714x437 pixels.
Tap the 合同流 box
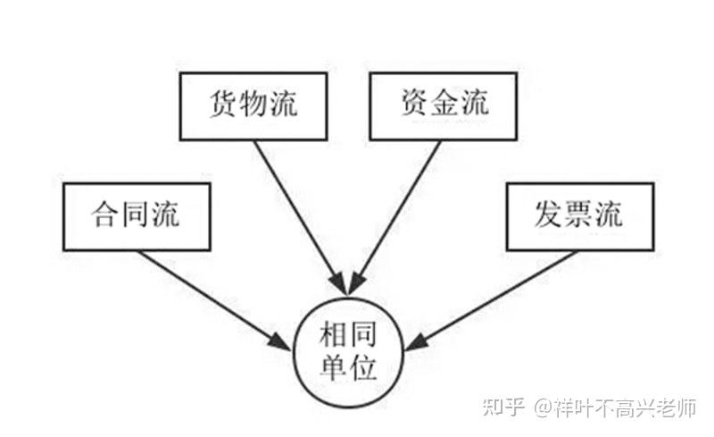(x=137, y=216)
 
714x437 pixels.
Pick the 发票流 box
(x=578, y=216)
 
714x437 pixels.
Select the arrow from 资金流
(x=401, y=209)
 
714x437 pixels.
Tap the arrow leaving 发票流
(x=496, y=298)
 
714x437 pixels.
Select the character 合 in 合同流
(x=106, y=216)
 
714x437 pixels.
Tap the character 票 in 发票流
(x=578, y=216)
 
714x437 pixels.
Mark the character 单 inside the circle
(x=331, y=368)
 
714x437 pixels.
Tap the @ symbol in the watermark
(x=544, y=408)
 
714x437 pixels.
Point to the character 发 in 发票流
(x=547, y=216)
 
